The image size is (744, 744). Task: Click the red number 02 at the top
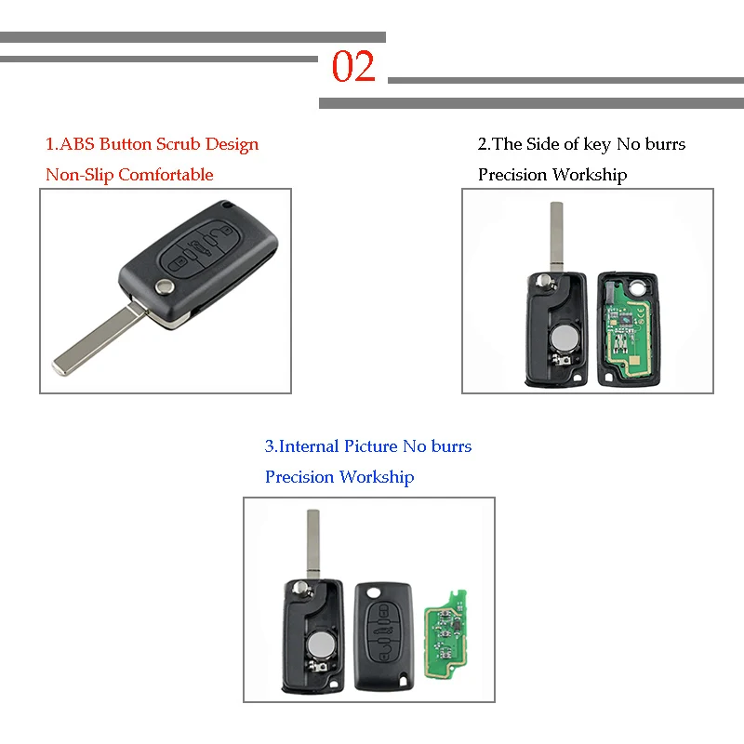click(353, 68)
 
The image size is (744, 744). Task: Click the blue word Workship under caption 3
click(376, 477)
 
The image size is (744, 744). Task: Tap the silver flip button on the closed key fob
click(165, 287)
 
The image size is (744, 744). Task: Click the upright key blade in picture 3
click(312, 542)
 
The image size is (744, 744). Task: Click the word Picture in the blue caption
click(370, 446)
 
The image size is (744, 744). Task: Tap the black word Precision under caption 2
click(512, 175)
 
